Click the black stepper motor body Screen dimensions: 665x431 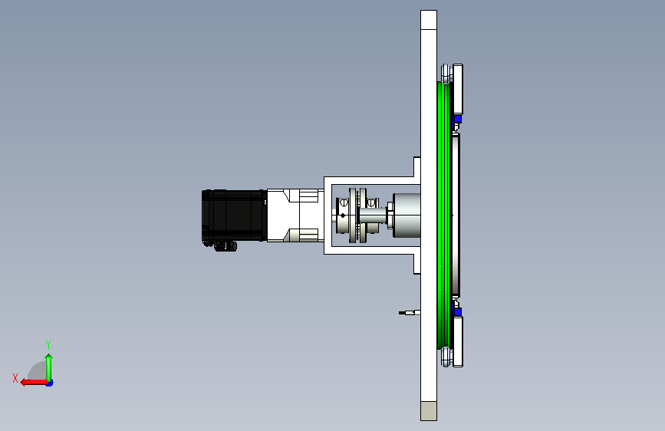click(234, 215)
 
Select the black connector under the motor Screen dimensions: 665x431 click(226, 246)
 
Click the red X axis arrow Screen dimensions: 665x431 click(35, 382)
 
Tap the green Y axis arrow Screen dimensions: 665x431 click(49, 367)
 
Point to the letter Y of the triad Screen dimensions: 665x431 click(48, 344)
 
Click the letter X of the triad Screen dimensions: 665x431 click(15, 378)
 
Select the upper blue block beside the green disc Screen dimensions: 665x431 click(457, 119)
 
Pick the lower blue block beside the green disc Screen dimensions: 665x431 click(457, 312)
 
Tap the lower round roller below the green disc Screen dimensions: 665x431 click(445, 357)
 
